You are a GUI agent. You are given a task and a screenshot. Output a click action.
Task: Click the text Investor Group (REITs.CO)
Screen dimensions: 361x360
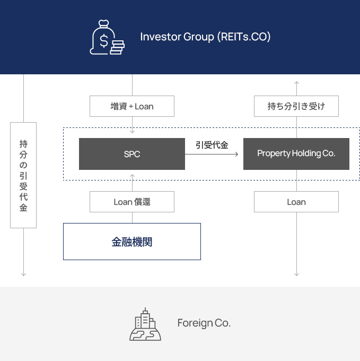(205, 37)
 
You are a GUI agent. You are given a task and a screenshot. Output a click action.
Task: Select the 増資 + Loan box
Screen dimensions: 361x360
(132, 106)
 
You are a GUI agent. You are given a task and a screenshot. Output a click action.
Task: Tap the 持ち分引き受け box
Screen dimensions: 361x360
(296, 106)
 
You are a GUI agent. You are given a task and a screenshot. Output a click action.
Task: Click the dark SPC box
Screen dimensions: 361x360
(132, 154)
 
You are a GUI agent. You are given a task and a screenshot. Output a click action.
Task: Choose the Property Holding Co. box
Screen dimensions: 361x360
(296, 154)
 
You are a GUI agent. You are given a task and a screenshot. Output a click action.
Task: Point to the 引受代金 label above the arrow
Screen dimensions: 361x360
(212, 144)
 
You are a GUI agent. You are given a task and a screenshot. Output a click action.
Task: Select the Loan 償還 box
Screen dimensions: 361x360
(132, 202)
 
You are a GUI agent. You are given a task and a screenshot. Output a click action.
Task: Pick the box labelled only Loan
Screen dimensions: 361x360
(296, 202)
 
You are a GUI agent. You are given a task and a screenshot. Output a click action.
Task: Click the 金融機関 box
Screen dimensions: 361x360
(132, 242)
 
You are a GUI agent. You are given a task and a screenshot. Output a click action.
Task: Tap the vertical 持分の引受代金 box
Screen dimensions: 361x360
(23, 175)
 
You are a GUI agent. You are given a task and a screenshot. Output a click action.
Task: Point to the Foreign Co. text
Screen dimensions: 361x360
(204, 323)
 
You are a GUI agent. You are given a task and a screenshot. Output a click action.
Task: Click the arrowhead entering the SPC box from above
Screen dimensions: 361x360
(132, 131)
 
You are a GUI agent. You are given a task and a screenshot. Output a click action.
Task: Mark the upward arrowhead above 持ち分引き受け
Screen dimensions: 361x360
(296, 83)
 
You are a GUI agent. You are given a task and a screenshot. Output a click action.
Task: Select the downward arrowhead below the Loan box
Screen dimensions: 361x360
(296, 274)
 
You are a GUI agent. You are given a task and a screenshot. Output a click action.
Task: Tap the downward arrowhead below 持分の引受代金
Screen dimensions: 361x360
(23, 274)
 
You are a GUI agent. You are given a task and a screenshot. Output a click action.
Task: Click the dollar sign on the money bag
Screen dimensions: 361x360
(104, 40)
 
